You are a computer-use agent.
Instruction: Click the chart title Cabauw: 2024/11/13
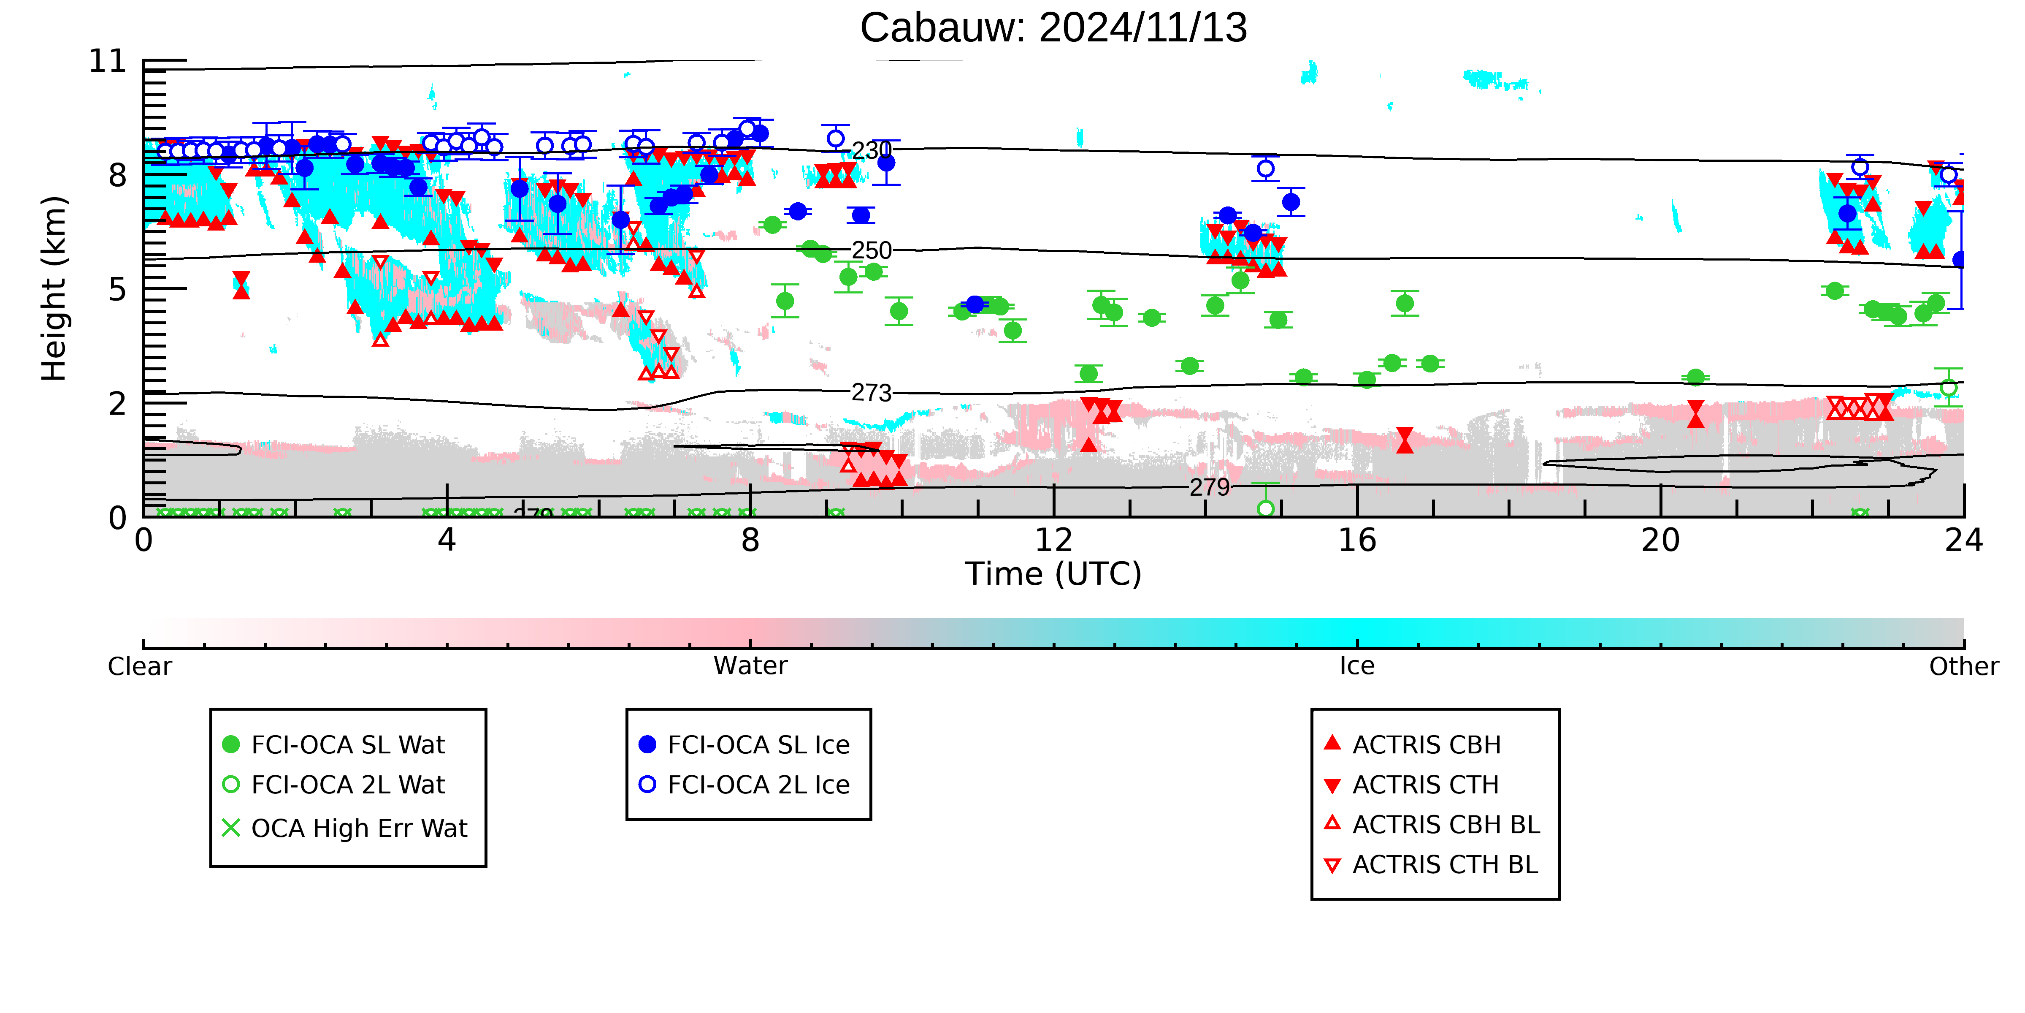[1053, 28]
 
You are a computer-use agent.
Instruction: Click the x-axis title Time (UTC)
[1053, 574]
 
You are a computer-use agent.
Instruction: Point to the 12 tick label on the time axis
[1053, 540]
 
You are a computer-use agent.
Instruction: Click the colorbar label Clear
[140, 666]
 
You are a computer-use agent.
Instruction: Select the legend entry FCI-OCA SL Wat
[334, 745]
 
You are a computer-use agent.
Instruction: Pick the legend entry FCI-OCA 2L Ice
[745, 785]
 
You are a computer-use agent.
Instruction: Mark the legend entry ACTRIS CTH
[1412, 785]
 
